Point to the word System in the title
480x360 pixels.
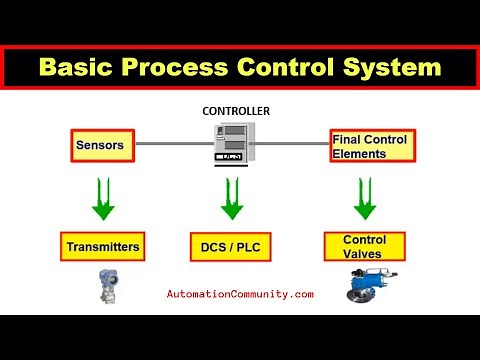click(x=391, y=67)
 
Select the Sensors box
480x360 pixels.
click(x=102, y=146)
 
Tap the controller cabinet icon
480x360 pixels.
click(x=232, y=146)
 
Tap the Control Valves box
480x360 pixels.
click(x=364, y=246)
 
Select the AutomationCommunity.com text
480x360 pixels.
click(x=240, y=294)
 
